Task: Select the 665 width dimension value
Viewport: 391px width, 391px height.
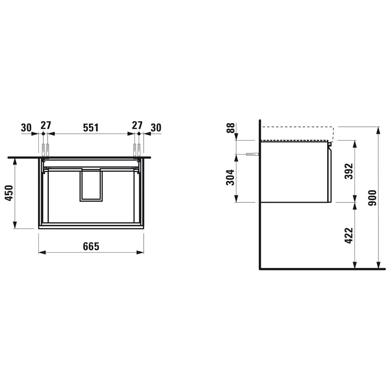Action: pyautogui.click(x=91, y=246)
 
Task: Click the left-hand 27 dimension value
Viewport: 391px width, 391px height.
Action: pyautogui.click(x=46, y=126)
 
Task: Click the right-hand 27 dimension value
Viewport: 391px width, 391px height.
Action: pyautogui.click(x=137, y=126)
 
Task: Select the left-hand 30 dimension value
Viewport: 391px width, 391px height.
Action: pyautogui.click(x=26, y=127)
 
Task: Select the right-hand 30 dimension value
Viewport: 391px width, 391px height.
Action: pyautogui.click(x=156, y=127)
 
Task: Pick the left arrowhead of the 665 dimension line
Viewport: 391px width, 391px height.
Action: pyautogui.click(x=40, y=253)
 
